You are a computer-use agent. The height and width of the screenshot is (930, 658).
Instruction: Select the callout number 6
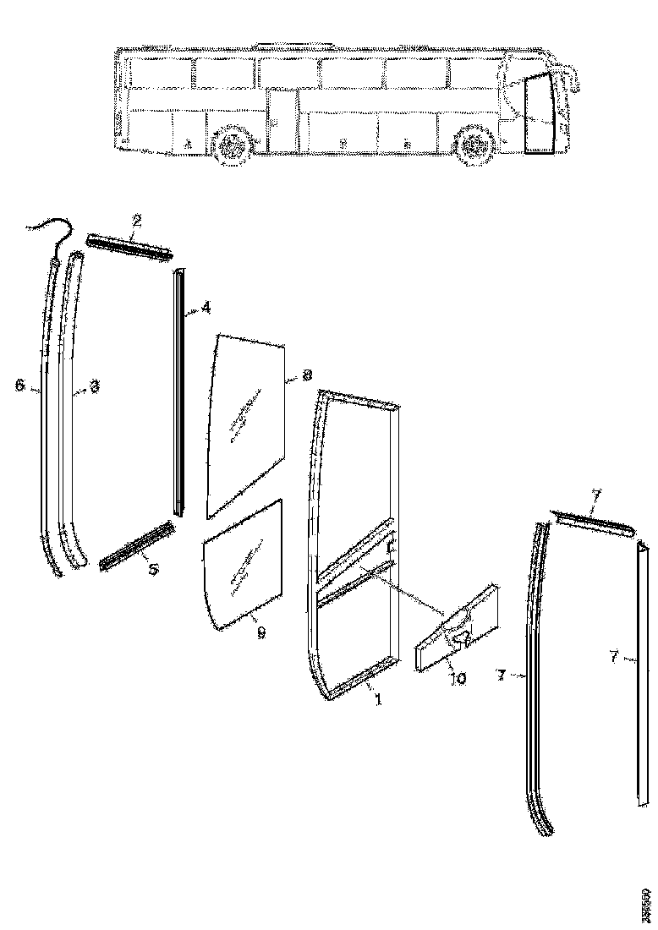click(x=19, y=386)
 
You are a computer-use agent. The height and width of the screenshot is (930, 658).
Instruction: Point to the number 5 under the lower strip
click(x=152, y=570)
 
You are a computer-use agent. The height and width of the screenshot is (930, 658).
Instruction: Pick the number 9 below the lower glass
click(x=260, y=632)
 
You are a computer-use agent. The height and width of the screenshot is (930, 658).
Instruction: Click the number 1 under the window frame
click(x=377, y=701)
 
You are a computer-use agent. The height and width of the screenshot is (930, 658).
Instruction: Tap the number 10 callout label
click(x=458, y=678)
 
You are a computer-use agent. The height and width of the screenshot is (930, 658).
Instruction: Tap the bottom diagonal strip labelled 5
click(x=137, y=544)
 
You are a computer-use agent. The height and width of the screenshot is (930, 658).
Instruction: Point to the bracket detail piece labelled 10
click(x=458, y=630)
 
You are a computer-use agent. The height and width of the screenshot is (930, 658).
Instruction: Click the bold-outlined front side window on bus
click(x=537, y=113)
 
